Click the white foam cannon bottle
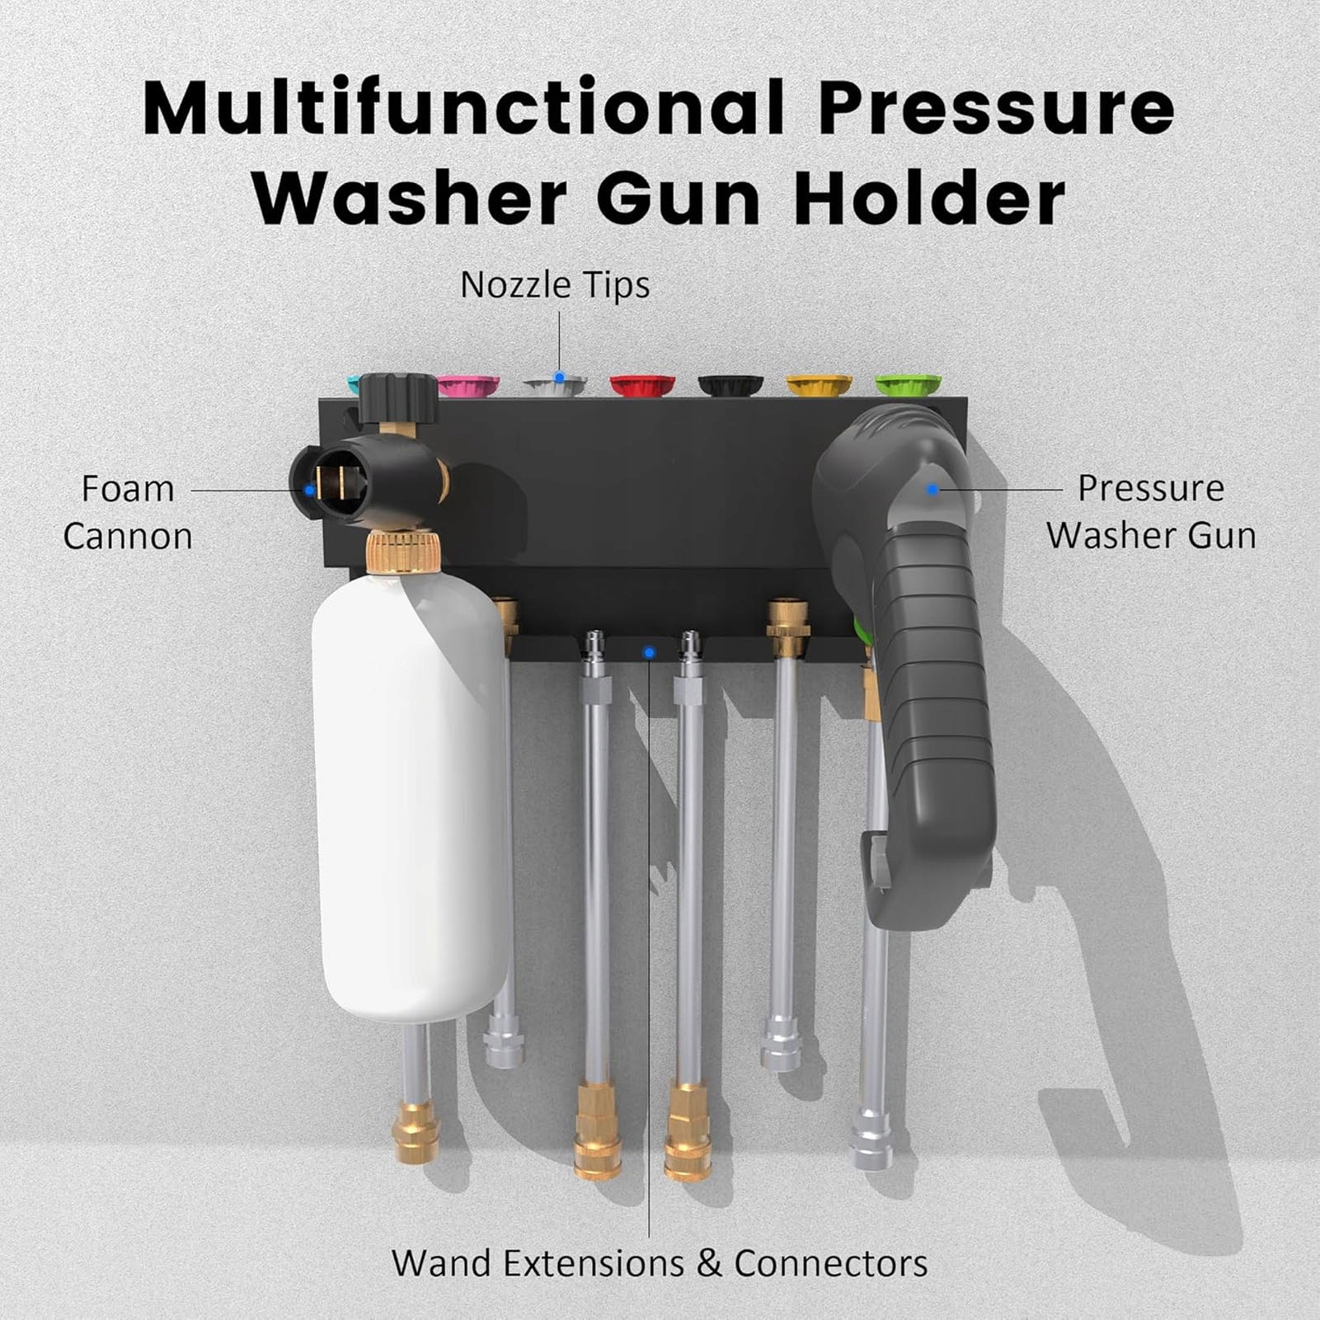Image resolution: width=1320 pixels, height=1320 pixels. point(410,792)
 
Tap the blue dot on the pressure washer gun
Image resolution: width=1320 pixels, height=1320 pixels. point(932,489)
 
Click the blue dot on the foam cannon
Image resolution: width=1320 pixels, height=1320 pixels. point(309,490)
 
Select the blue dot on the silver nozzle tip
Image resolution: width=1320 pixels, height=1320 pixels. point(559,377)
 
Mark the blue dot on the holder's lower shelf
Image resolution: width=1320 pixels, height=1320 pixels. point(649,653)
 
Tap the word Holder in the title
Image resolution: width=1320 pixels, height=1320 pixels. point(930,200)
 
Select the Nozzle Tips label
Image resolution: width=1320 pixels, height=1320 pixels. point(555,285)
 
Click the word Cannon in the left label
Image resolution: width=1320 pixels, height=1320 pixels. point(128,537)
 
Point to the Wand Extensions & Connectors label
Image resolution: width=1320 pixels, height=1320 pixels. point(660,1263)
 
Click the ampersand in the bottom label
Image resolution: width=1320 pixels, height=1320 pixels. point(709,1264)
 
